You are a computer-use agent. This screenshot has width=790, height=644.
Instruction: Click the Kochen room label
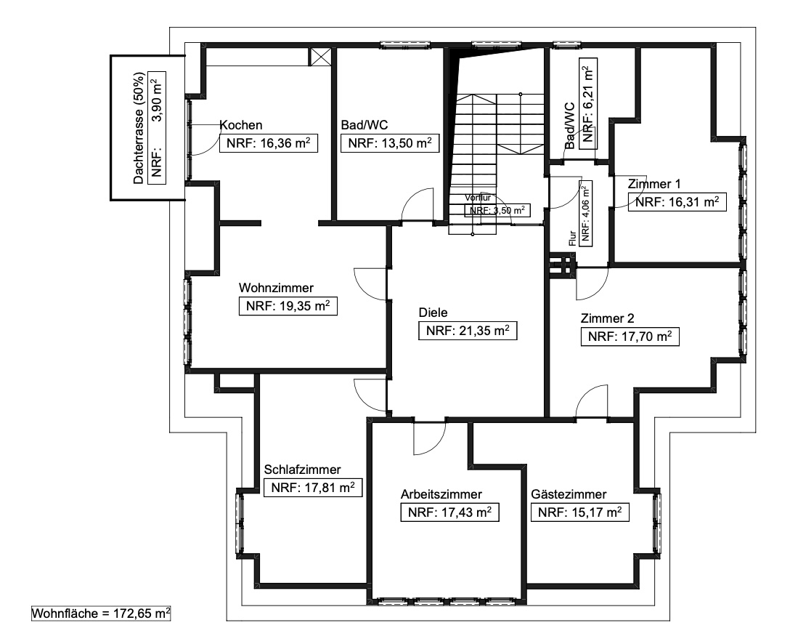(241, 125)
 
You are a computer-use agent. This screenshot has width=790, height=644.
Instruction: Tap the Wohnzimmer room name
(276, 288)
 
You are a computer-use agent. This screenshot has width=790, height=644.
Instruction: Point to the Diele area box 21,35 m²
(468, 331)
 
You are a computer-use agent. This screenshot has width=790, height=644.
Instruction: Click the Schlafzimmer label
(302, 470)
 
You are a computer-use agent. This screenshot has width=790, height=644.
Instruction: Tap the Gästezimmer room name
(569, 494)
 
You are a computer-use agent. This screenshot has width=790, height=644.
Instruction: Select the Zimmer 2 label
(607, 318)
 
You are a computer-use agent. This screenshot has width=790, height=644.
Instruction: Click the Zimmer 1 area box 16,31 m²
(677, 202)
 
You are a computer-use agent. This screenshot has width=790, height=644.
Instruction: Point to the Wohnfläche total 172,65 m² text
(101, 613)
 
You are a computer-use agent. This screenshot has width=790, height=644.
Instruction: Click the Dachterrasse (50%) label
(139, 128)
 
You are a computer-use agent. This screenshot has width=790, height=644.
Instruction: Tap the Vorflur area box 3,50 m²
(497, 210)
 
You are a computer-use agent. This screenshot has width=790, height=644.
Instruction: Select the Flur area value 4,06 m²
(585, 213)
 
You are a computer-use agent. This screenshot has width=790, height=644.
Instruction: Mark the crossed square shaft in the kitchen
(320, 57)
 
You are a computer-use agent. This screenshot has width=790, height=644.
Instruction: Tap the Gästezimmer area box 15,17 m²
(580, 512)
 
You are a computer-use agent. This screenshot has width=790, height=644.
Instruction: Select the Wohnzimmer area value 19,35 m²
(288, 306)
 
